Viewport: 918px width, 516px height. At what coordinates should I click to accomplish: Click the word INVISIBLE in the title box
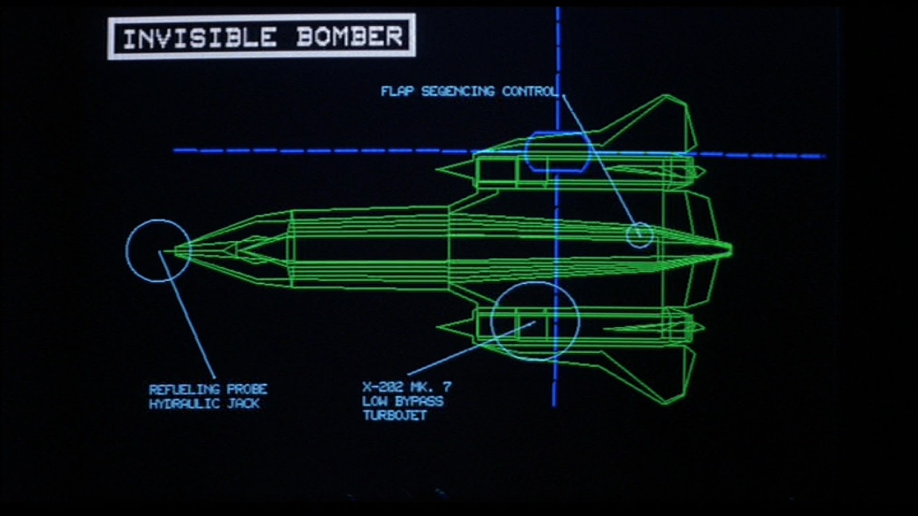pyautogui.click(x=199, y=38)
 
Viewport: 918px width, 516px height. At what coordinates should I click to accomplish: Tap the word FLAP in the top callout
pyautogui.click(x=397, y=91)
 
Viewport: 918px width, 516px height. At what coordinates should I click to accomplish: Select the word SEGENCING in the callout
pyautogui.click(x=458, y=91)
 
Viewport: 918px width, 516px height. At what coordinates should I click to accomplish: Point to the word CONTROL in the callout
pyautogui.click(x=529, y=91)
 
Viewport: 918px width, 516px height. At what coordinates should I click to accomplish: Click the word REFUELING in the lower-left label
pyautogui.click(x=184, y=389)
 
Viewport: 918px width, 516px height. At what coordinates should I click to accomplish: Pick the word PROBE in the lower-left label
pyautogui.click(x=247, y=389)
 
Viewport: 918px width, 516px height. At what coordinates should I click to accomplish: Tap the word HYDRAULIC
pyautogui.click(x=184, y=404)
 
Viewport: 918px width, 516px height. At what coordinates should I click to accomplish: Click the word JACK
pyautogui.click(x=244, y=404)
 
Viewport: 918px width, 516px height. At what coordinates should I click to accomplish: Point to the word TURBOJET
pyautogui.click(x=395, y=415)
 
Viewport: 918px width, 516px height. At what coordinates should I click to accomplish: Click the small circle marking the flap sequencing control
pyautogui.click(x=639, y=234)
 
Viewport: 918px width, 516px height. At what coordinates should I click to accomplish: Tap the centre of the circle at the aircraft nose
pyautogui.click(x=158, y=251)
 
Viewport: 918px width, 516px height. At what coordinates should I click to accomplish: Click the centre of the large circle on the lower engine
pyautogui.click(x=535, y=322)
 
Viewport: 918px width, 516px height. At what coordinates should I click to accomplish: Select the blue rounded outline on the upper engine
pyautogui.click(x=557, y=152)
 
